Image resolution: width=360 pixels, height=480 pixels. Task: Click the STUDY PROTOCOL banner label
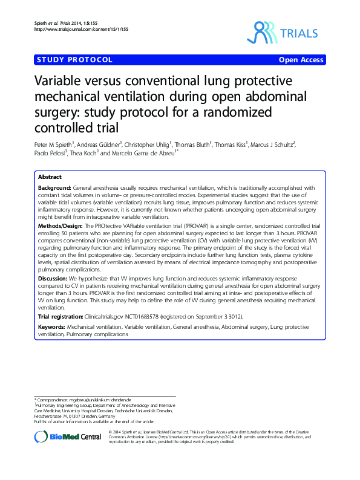pyautogui.click(x=74, y=60)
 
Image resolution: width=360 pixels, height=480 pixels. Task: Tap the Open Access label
pyautogui.click(x=301, y=60)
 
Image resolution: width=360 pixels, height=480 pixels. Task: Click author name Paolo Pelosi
pyautogui.click(x=50, y=154)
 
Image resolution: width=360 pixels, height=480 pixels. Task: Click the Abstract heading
pyautogui.click(x=50, y=177)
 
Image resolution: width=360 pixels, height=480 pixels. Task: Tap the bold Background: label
pyautogui.click(x=55, y=188)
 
